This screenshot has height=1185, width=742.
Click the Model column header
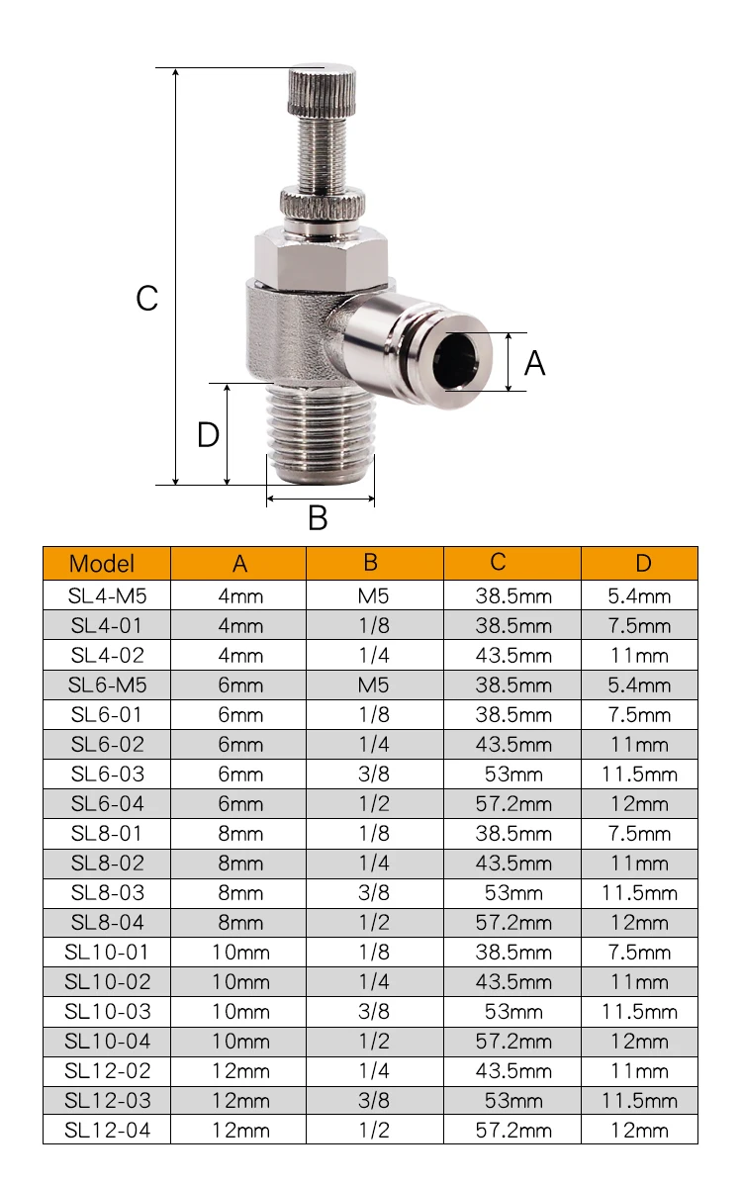click(102, 564)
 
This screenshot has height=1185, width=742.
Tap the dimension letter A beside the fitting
click(535, 363)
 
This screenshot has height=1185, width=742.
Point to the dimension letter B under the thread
click(319, 518)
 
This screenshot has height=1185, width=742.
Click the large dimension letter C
click(146, 298)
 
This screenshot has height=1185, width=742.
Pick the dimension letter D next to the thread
click(208, 434)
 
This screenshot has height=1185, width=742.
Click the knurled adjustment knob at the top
click(322, 90)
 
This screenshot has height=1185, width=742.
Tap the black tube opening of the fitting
click(458, 360)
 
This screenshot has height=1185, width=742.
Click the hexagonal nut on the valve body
click(322, 260)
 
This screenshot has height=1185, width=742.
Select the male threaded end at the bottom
click(321, 431)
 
